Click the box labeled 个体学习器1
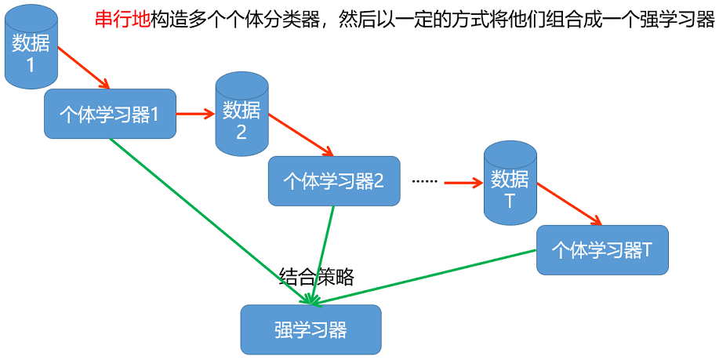click(x=110, y=115)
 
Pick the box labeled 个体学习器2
click(x=334, y=181)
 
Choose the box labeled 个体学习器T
click(x=602, y=250)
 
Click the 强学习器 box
click(x=310, y=329)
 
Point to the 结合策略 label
click(x=317, y=276)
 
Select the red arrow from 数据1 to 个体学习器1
click(x=85, y=67)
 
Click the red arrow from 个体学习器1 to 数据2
click(x=195, y=114)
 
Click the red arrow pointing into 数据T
click(x=463, y=184)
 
